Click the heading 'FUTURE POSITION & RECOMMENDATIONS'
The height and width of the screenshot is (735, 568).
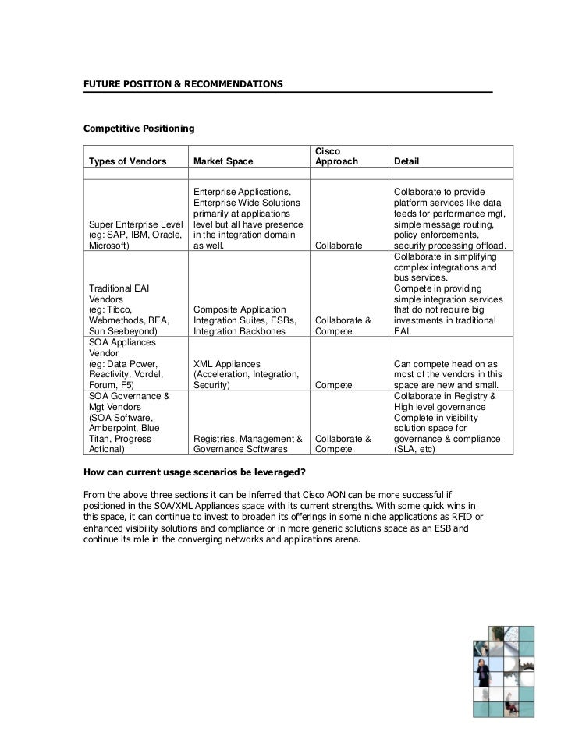tap(183, 83)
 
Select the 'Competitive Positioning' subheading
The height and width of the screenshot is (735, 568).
tap(139, 126)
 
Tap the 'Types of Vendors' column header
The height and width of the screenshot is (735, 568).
tap(128, 161)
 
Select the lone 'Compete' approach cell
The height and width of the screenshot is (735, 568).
tap(332, 385)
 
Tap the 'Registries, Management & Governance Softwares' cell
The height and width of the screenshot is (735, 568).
tap(247, 444)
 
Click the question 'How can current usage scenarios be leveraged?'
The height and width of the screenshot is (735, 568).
tap(193, 472)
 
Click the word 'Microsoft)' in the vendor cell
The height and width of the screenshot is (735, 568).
tap(109, 246)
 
